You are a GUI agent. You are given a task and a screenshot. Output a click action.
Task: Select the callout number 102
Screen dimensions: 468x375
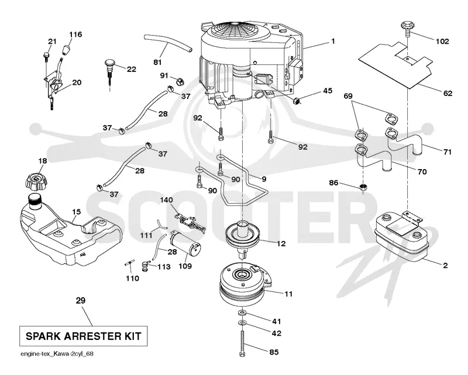(x=442, y=41)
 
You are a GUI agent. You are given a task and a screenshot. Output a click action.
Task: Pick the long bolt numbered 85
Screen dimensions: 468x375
(x=242, y=344)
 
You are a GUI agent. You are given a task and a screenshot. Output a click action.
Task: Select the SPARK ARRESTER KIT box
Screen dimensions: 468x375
(x=83, y=336)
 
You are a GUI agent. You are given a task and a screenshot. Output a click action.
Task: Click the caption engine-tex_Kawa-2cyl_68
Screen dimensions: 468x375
(x=57, y=354)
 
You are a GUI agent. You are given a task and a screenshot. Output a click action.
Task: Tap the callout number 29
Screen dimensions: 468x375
(x=81, y=300)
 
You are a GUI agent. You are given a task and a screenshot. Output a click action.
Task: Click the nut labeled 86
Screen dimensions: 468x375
(x=363, y=187)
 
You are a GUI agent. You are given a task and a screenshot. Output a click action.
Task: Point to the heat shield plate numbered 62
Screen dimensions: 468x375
(x=396, y=65)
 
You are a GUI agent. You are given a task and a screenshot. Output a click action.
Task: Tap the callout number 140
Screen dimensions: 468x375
(x=166, y=199)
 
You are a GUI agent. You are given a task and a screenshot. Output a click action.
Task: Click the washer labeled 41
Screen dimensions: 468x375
(x=241, y=312)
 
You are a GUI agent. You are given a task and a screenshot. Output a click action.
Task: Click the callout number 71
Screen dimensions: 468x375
(x=447, y=152)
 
